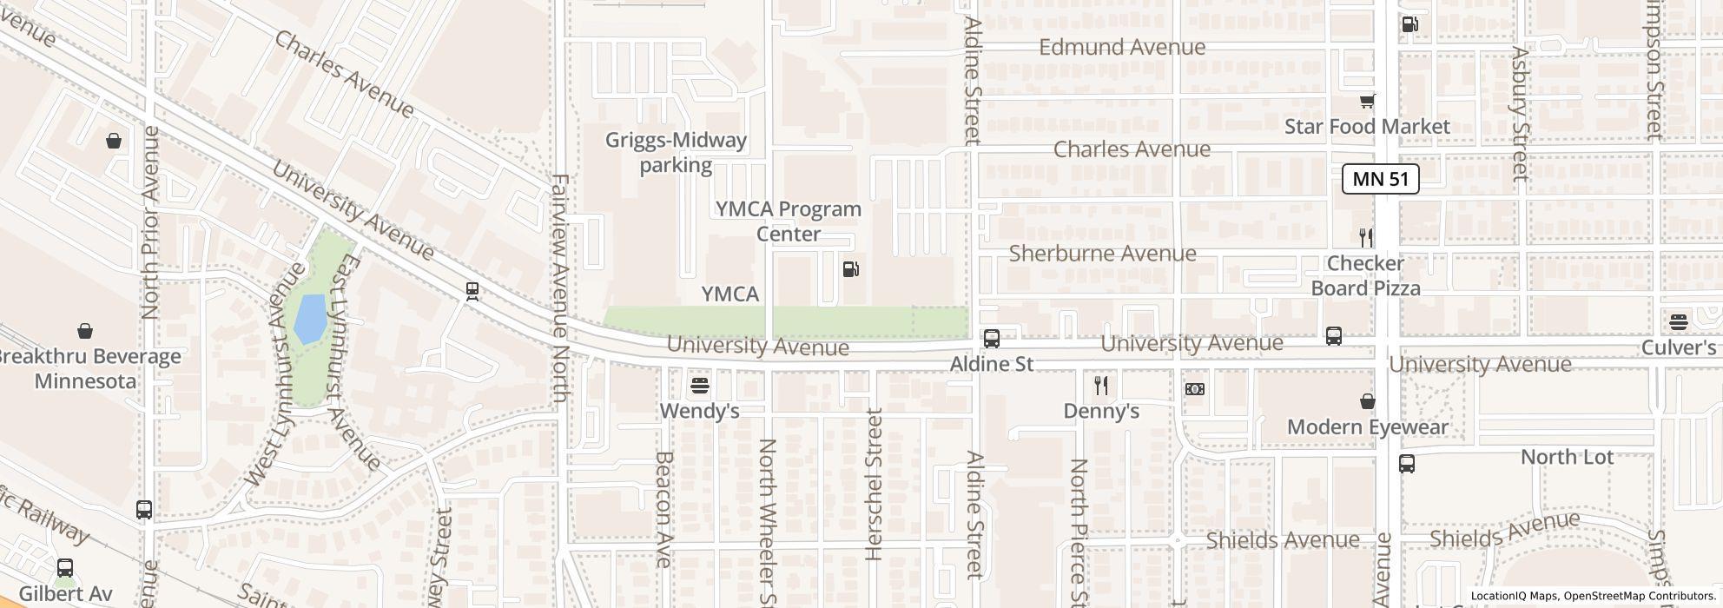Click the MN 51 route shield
pyautogui.click(x=1381, y=180)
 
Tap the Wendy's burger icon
pyautogui.click(x=700, y=385)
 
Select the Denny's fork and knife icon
pyautogui.click(x=1101, y=385)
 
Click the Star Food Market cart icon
pyautogui.click(x=1367, y=102)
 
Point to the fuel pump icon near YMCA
pyautogui.click(x=851, y=268)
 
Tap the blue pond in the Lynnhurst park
pyautogui.click(x=310, y=319)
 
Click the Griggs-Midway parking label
pyautogui.click(x=676, y=152)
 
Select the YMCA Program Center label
pyautogui.click(x=788, y=221)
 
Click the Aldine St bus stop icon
pyautogui.click(x=991, y=338)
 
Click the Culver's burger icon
pyautogui.click(x=1678, y=322)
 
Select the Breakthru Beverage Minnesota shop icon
pyautogui.click(x=85, y=331)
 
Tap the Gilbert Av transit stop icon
pyautogui.click(x=65, y=569)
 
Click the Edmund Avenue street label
pyautogui.click(x=1122, y=47)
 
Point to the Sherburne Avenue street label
pyautogui.click(x=1102, y=254)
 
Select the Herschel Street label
pyautogui.click(x=874, y=484)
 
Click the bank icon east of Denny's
pyautogui.click(x=1195, y=389)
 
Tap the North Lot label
pyautogui.click(x=1567, y=457)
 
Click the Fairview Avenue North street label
pyautogui.click(x=559, y=288)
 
